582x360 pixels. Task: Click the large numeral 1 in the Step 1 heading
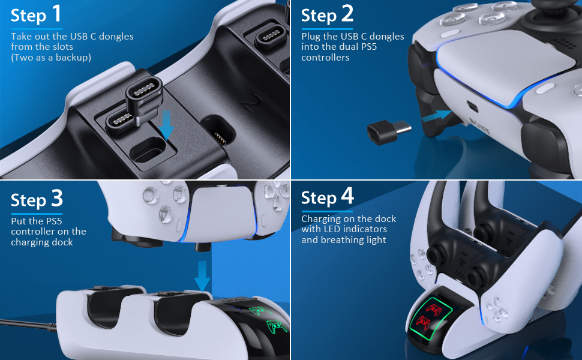(x=56, y=14)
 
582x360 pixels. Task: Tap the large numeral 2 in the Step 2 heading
(x=347, y=14)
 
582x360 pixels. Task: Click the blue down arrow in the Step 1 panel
(x=166, y=125)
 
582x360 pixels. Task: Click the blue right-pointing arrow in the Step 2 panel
(x=437, y=116)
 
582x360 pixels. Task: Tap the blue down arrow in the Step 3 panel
(x=202, y=276)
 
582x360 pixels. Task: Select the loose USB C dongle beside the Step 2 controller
(x=388, y=132)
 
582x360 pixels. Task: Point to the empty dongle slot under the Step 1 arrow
(x=149, y=149)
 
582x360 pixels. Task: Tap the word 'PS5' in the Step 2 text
(x=368, y=47)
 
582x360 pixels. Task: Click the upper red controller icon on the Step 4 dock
(x=434, y=309)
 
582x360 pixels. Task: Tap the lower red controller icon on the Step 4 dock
(x=423, y=322)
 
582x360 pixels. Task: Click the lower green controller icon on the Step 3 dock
(x=276, y=326)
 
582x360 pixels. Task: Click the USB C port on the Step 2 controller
(x=473, y=106)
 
